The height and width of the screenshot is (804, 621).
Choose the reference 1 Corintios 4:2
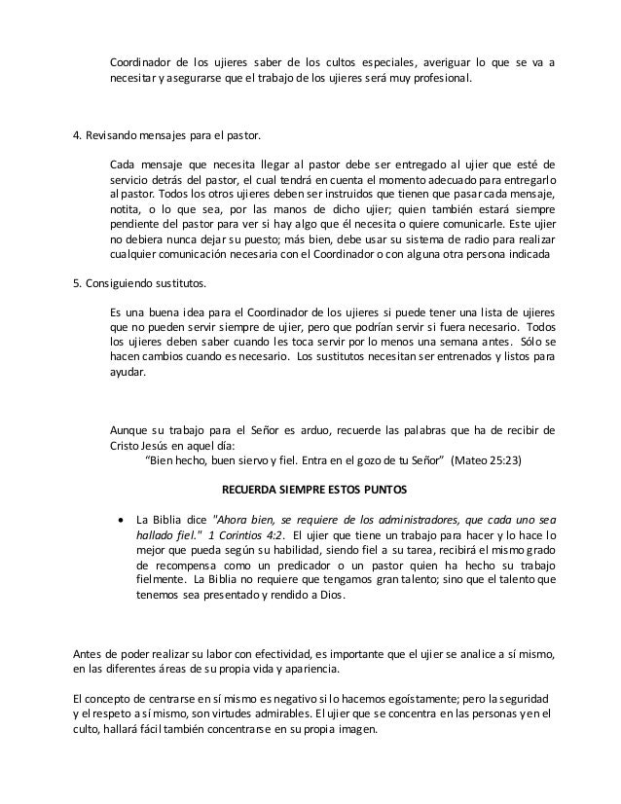point(247,534)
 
